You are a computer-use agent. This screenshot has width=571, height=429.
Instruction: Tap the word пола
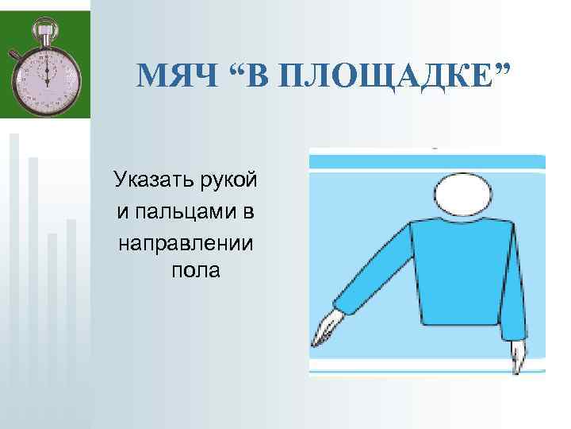[x=195, y=271]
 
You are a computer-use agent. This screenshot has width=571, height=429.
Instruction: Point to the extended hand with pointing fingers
[x=327, y=329]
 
